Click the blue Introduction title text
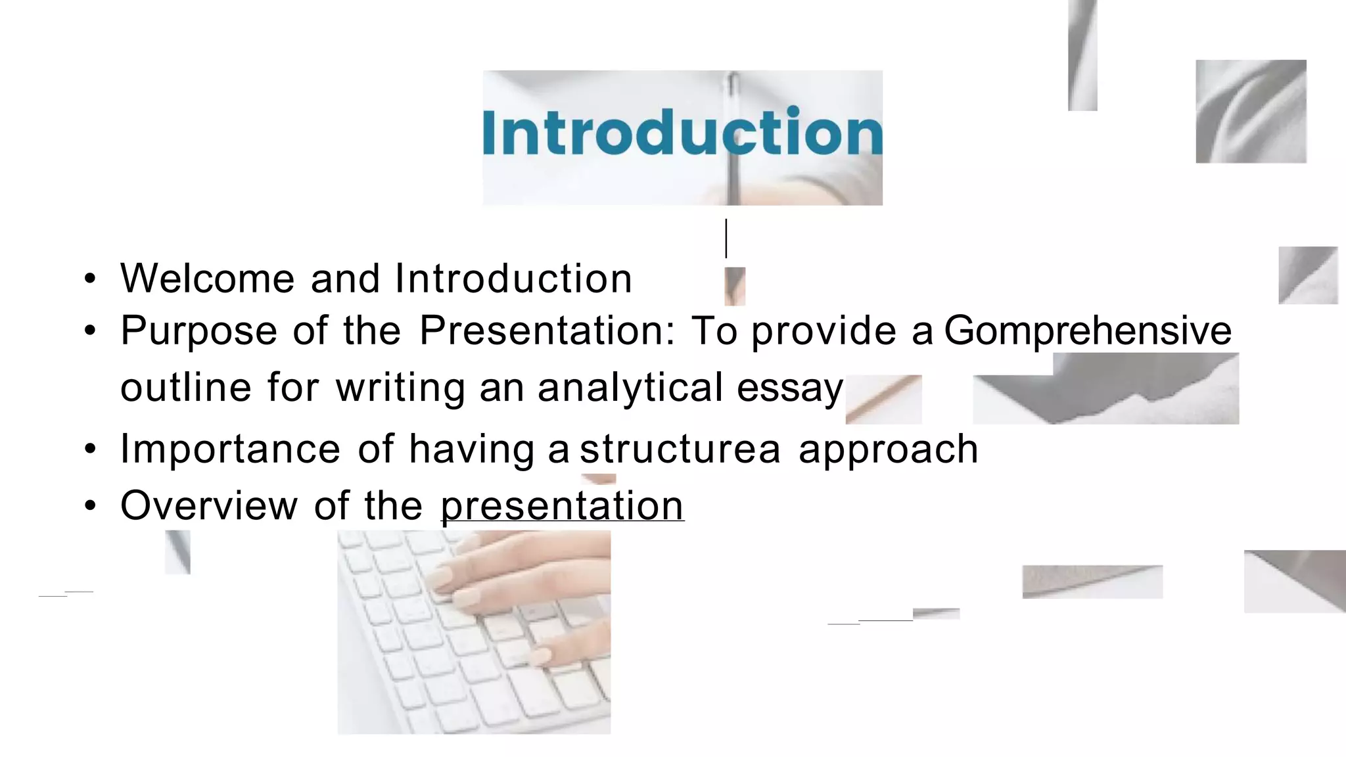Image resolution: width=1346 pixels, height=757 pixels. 682,133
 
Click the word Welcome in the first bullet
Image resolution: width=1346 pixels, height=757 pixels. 207,279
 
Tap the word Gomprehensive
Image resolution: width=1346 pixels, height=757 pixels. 1088,331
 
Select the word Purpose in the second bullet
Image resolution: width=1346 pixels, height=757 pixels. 198,331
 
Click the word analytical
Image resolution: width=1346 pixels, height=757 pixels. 630,388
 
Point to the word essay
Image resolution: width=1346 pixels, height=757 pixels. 789,388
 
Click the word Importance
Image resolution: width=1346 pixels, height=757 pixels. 230,449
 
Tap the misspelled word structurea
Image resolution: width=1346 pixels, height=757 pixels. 680,449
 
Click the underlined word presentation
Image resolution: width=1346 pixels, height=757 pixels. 562,506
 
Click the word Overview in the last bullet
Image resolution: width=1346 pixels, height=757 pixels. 209,506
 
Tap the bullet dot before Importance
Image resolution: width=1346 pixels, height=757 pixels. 90,450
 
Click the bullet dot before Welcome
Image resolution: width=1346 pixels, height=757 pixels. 90,279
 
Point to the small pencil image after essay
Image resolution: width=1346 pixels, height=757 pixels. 883,399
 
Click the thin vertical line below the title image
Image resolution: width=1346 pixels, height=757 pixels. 726,239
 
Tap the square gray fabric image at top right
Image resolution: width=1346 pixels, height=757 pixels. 1250,111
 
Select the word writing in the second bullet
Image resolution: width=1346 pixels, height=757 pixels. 400,388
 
